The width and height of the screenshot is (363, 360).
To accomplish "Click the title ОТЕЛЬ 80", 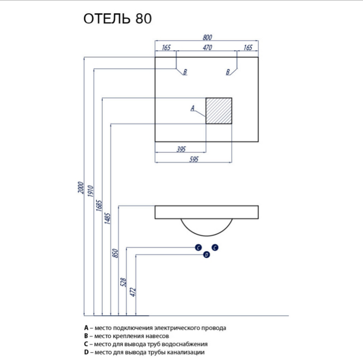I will pyautogui.click(x=118, y=19).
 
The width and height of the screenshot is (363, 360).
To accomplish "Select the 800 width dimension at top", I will pyautogui.click(x=207, y=37).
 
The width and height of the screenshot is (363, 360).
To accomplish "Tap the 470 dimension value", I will pyautogui.click(x=207, y=47).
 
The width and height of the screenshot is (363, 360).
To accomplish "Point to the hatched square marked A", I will pyautogui.click(x=219, y=110).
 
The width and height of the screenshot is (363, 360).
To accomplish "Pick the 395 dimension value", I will pyautogui.click(x=181, y=149).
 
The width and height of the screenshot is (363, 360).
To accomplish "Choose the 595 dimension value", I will pyautogui.click(x=193, y=159).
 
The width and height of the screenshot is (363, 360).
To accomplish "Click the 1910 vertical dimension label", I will pyautogui.click(x=90, y=191).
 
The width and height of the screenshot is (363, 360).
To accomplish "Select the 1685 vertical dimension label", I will pyautogui.click(x=99, y=204).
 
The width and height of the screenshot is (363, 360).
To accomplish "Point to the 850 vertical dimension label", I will pyautogui.click(x=116, y=252).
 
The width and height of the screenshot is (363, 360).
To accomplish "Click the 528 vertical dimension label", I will pyautogui.click(x=123, y=282).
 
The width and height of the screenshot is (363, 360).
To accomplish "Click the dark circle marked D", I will pyautogui.click(x=207, y=255).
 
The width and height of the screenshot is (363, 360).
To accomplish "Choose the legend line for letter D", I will pyautogui.click(x=144, y=352).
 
